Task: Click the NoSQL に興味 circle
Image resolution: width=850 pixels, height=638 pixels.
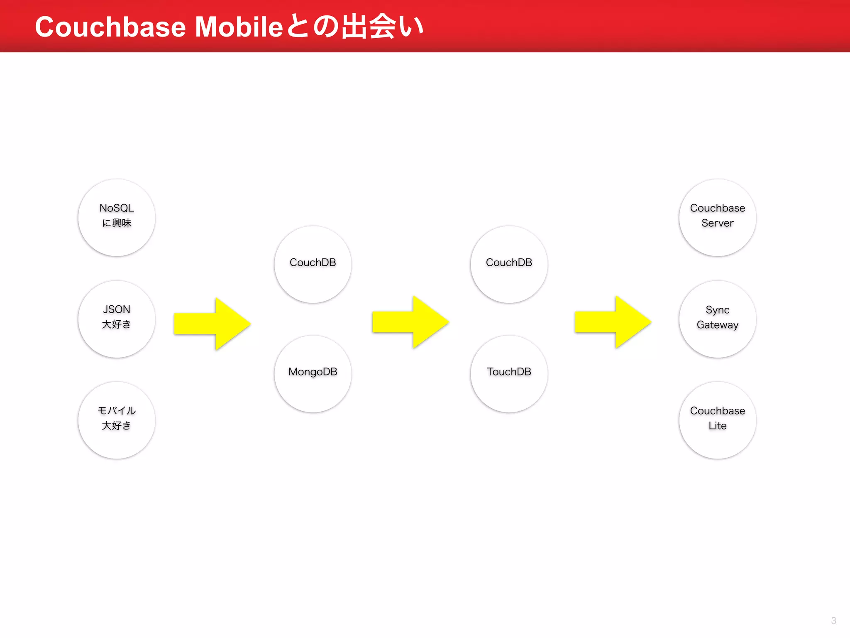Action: click(x=117, y=218)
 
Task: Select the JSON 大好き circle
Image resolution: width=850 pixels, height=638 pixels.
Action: click(x=117, y=319)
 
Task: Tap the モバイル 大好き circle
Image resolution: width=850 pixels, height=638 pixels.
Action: click(x=117, y=420)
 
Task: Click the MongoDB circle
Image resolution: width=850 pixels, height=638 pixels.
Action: click(x=313, y=374)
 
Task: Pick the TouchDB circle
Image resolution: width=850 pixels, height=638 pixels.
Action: click(x=509, y=374)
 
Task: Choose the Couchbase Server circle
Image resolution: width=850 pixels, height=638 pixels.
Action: click(x=718, y=218)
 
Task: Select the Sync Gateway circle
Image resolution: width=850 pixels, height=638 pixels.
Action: click(x=718, y=319)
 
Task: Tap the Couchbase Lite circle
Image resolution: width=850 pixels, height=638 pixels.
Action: click(x=718, y=420)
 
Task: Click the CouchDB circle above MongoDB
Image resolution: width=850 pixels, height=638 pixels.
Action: click(x=313, y=265)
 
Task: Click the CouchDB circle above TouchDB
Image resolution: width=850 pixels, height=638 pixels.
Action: click(x=509, y=265)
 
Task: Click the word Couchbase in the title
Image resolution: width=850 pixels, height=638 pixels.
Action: click(x=110, y=27)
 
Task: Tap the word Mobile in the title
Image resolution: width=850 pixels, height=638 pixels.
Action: click(x=239, y=27)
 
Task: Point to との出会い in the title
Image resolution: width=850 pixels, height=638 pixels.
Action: click(x=355, y=27)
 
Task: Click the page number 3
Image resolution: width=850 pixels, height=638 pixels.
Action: click(x=833, y=621)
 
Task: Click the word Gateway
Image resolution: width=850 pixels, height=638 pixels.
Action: click(x=718, y=325)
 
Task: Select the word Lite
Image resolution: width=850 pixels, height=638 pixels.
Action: click(x=718, y=426)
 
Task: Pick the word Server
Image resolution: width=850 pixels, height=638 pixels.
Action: click(x=718, y=223)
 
